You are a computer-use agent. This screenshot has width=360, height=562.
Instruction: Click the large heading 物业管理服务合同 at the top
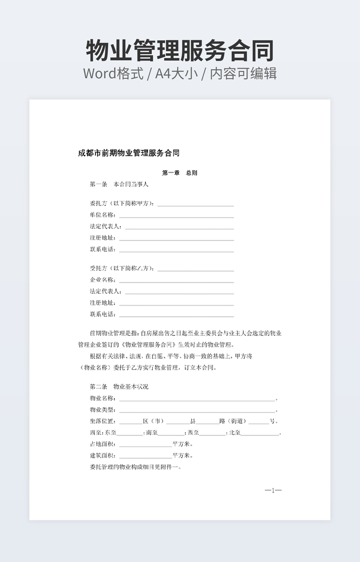(x=180, y=51)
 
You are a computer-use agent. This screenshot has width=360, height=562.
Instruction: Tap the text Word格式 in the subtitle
(x=113, y=73)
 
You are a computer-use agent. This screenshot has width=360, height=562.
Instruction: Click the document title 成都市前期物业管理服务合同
(x=128, y=153)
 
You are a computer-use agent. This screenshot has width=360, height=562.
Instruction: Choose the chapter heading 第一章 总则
(x=179, y=173)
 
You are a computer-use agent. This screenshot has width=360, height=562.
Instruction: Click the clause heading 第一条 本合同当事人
(x=120, y=185)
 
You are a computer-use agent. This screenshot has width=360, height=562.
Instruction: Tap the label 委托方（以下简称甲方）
(x=122, y=204)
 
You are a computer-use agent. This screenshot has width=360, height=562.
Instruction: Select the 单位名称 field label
(x=102, y=215)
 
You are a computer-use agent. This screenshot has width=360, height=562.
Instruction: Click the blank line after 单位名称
(x=176, y=217)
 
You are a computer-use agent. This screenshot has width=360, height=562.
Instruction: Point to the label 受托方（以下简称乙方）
(x=122, y=268)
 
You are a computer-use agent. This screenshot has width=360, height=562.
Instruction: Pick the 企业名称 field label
(x=102, y=280)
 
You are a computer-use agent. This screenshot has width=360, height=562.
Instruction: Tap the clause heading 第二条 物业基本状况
(x=119, y=387)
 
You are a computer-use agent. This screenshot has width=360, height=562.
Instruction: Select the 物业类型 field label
(x=102, y=410)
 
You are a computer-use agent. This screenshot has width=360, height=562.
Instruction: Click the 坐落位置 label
(x=102, y=421)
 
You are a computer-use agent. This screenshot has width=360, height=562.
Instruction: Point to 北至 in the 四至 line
(x=235, y=433)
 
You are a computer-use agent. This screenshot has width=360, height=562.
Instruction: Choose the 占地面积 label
(x=102, y=444)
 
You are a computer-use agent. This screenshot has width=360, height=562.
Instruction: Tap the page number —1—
(x=273, y=491)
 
